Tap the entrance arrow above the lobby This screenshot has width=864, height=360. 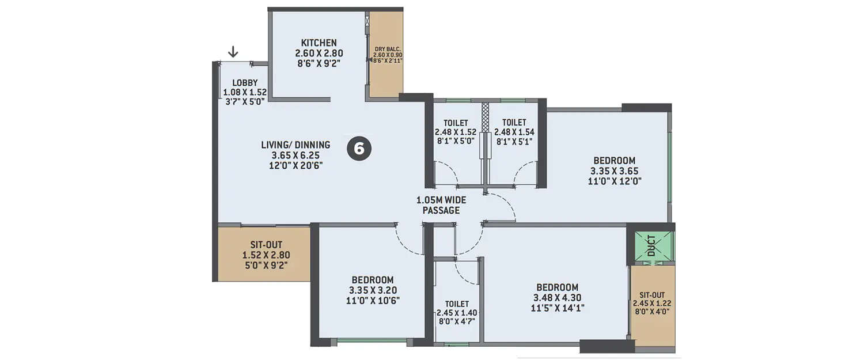(233, 52)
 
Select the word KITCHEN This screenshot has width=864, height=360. (319, 43)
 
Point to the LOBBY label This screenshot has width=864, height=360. (245, 83)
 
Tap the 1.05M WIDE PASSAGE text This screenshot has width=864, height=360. (441, 205)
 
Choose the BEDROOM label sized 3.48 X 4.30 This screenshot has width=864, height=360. (557, 287)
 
